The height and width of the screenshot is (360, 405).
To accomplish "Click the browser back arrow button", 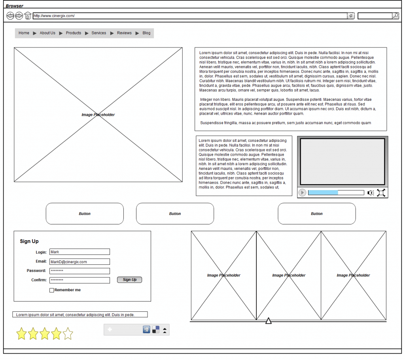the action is (x=10, y=16).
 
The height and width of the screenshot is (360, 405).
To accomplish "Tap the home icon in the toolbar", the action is (x=28, y=16).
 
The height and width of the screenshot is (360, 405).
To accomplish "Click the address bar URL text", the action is (x=54, y=16).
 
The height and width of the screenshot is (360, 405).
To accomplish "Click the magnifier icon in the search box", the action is (x=396, y=16).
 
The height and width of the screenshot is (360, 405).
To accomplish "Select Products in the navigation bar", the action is (x=73, y=33).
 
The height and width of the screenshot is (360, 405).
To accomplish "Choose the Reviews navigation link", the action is (x=124, y=33).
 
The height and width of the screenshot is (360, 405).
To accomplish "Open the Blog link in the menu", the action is (x=146, y=33).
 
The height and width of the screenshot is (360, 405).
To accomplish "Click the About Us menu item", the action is (x=47, y=33).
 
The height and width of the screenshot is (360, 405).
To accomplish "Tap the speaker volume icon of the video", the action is (x=371, y=193).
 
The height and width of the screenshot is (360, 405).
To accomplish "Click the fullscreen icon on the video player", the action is (x=381, y=193).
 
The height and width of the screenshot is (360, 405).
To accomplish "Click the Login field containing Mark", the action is (x=79, y=252).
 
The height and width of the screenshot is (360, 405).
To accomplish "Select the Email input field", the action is (x=79, y=262).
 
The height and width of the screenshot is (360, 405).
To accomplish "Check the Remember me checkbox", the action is (x=52, y=290).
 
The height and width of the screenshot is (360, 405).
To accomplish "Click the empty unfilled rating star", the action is (x=68, y=334).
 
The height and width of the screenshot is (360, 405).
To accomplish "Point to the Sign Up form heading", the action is (x=29, y=241).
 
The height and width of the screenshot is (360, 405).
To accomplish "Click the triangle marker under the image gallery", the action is (x=269, y=321).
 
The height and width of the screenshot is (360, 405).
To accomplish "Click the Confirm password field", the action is (x=79, y=280).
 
